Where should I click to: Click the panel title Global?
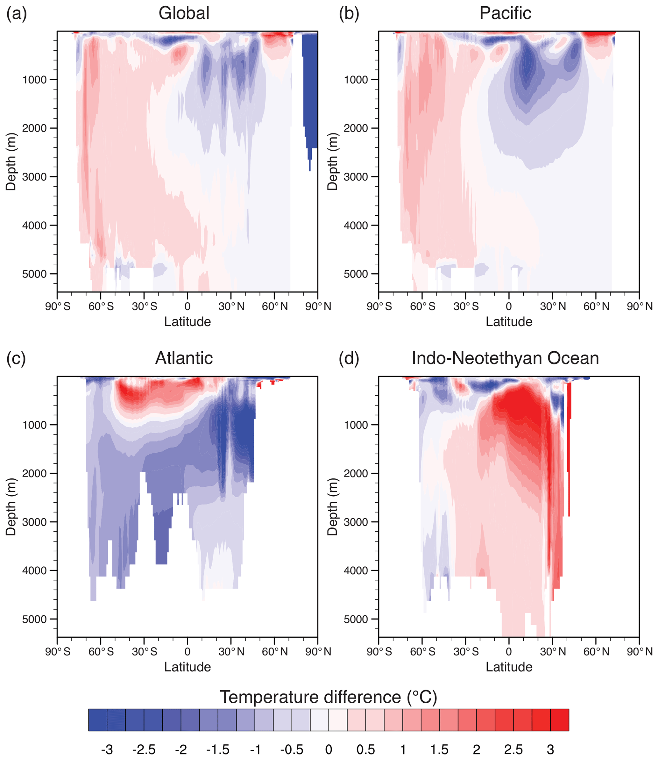184,14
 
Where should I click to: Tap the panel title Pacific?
505,14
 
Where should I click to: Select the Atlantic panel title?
184,358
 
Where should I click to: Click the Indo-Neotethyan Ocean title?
505,358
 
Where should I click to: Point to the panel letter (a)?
17,14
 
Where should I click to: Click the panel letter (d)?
349,358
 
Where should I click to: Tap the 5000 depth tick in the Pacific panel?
356,274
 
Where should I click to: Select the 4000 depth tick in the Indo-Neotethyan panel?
356,571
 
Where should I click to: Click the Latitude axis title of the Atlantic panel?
187,667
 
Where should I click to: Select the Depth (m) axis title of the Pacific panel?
332,161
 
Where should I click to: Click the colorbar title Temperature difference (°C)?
329,697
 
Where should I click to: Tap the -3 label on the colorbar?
107,749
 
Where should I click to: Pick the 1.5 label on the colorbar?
440,749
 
